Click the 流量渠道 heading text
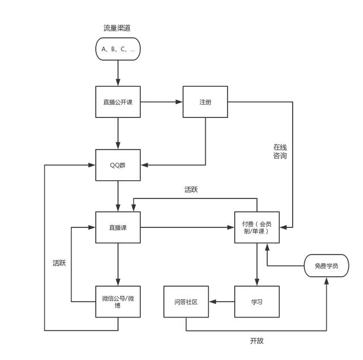tap(117, 28)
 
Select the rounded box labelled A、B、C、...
tap(117, 49)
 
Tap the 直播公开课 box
tap(118, 102)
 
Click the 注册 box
tap(205, 102)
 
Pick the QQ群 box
tap(118, 165)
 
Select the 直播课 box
tap(118, 227)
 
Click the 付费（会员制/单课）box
tap(257, 227)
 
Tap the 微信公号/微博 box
tap(118, 301)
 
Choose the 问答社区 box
tap(186, 301)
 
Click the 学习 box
tap(257, 301)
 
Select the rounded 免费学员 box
tap(327, 265)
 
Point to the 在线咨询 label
tap(280, 151)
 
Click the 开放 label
tap(257, 341)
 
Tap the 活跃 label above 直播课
tap(191, 190)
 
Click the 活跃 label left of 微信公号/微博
tap(60, 263)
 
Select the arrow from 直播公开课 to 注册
tap(162, 102)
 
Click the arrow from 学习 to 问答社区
tap(222, 301)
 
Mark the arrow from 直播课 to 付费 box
tap(187, 227)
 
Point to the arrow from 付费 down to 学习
tap(257, 264)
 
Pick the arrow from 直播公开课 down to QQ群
tap(118, 133)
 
